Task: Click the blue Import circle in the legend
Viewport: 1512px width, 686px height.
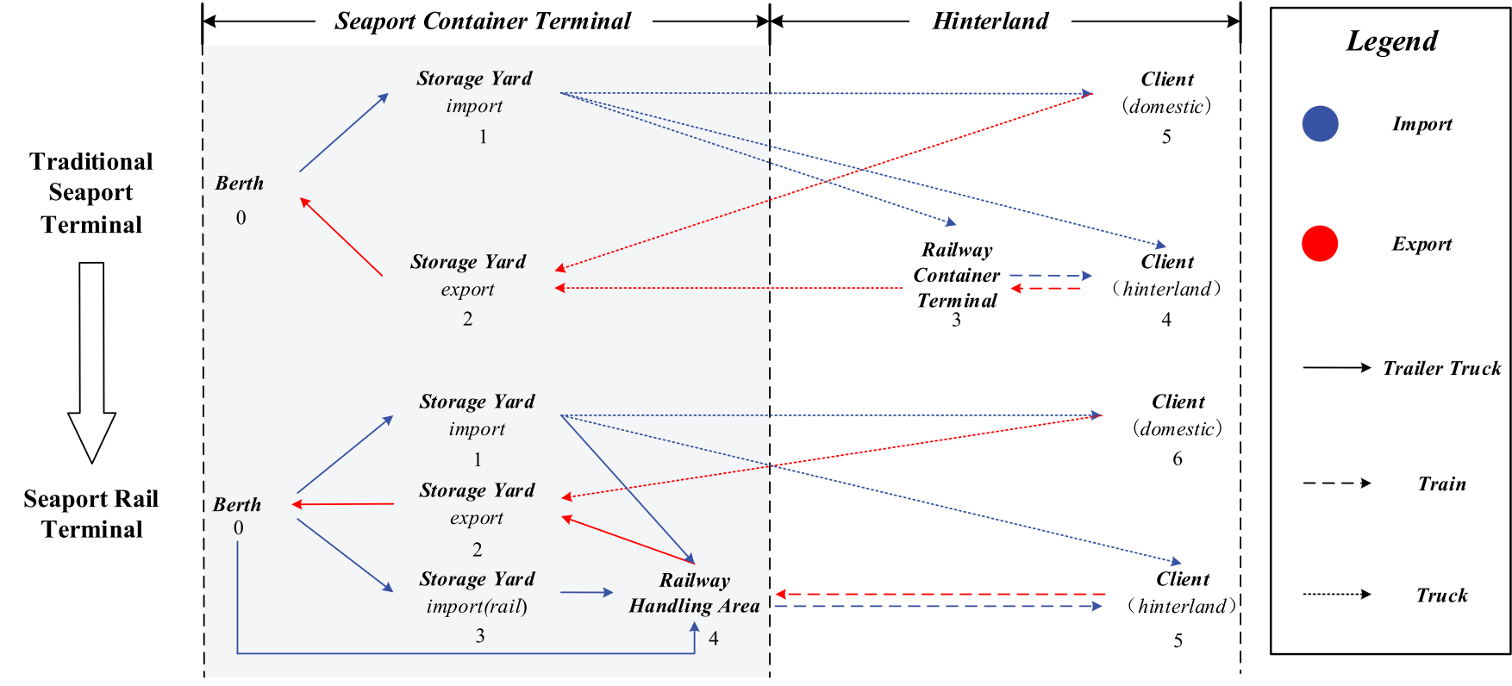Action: pos(1320,123)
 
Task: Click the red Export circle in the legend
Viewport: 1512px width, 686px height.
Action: pos(1320,243)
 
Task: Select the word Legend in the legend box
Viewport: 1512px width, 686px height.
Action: pos(1391,41)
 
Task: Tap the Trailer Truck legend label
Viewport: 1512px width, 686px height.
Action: pos(1441,368)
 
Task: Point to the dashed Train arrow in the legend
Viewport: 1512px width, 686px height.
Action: pos(1336,483)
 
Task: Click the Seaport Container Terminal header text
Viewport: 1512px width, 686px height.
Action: pos(483,22)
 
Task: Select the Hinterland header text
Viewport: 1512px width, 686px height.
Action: pos(990,22)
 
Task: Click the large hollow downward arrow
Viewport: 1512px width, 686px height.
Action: pos(91,362)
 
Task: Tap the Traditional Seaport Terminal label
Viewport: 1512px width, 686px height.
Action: pos(91,193)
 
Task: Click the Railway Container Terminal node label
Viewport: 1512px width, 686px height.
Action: pos(956,275)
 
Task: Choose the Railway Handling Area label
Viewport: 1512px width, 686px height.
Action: pos(694,593)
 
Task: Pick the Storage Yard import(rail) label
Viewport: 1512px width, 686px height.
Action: pos(477,592)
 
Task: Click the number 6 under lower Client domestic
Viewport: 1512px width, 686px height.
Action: pos(1177,459)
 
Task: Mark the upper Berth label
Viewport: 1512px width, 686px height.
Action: pos(240,184)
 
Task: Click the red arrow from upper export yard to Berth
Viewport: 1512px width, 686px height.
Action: pos(341,237)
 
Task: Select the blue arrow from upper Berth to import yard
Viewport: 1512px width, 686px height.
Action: pos(343,133)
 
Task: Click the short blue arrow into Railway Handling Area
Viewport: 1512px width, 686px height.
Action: pos(586,592)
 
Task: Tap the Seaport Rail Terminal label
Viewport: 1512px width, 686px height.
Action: pos(91,514)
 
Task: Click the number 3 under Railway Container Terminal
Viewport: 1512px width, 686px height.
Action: pos(956,321)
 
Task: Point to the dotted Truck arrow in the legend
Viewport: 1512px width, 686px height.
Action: pos(1336,594)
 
